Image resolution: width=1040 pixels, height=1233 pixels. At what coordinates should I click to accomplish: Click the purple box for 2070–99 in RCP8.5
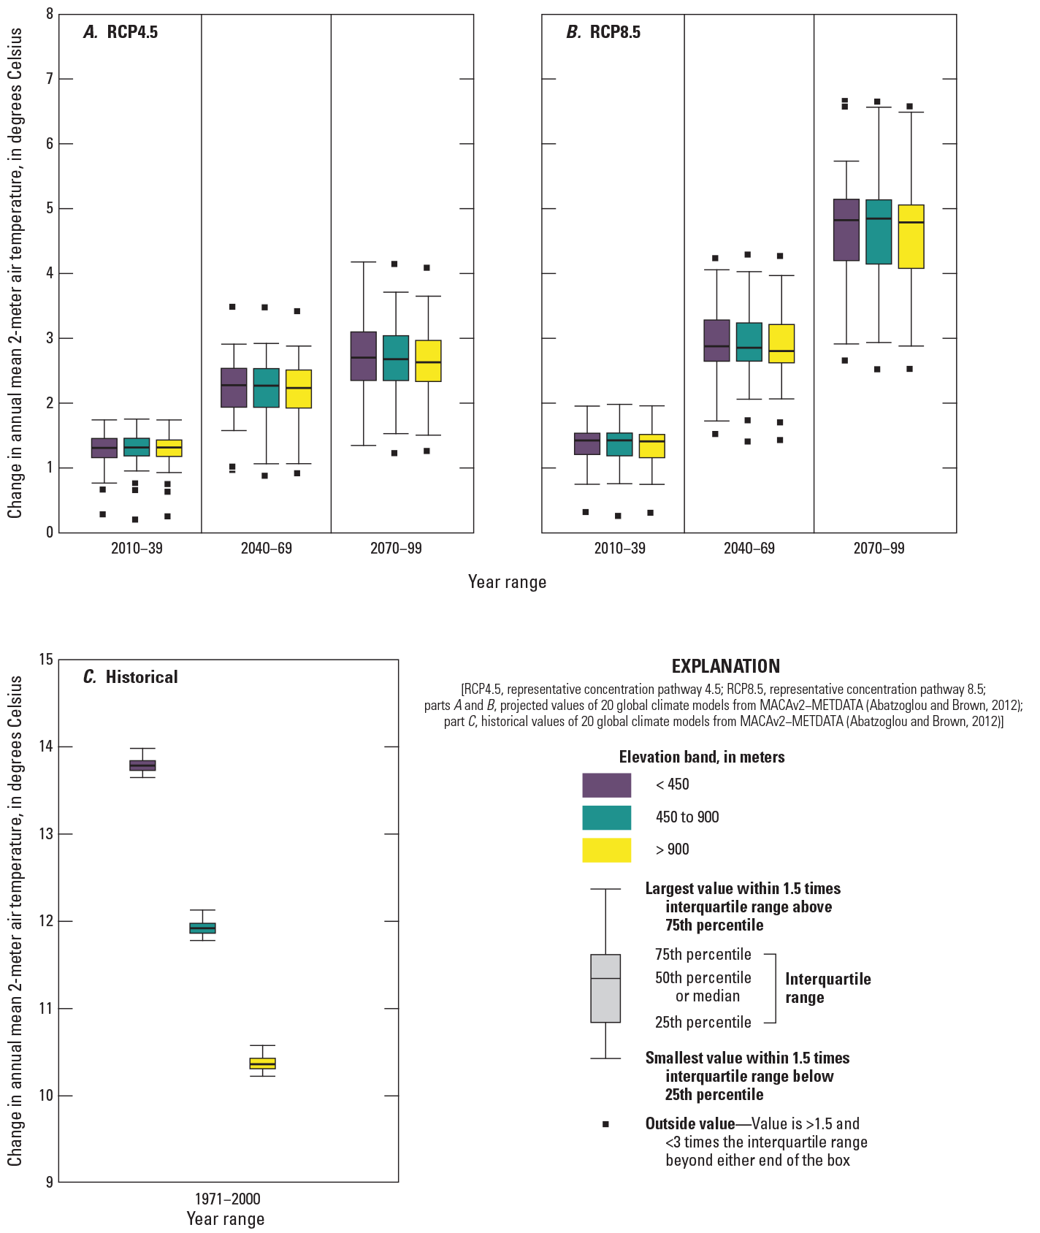pos(846,229)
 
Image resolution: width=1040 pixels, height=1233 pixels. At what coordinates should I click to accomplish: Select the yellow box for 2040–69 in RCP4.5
pos(298,389)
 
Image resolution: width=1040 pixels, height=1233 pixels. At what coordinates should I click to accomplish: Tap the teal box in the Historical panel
pos(202,928)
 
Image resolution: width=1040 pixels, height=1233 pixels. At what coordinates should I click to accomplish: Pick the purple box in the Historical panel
pos(142,765)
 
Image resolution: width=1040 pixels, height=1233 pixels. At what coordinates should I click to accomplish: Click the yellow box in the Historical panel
pos(262,1063)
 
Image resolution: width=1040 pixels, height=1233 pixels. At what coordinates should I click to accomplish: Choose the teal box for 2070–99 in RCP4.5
pos(396,358)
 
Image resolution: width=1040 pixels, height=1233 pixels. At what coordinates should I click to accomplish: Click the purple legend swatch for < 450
pos(606,785)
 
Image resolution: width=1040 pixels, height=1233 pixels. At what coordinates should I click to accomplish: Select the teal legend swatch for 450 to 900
pos(606,817)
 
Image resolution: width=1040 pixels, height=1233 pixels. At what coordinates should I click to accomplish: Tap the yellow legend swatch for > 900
pos(606,850)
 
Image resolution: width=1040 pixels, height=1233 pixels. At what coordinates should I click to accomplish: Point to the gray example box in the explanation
pos(605,988)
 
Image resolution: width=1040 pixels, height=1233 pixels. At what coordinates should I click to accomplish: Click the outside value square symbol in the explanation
pos(605,1124)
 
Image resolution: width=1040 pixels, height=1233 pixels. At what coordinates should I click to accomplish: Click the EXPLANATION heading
pos(725,666)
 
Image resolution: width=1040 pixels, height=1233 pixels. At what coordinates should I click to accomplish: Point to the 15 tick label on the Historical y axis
pos(45,660)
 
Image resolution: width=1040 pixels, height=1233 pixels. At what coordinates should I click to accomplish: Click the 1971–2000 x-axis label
pos(226,1199)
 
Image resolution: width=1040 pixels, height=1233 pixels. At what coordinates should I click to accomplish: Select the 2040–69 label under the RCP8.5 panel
pos(749,548)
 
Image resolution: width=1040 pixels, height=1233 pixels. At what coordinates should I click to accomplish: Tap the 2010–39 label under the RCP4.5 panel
pos(137,548)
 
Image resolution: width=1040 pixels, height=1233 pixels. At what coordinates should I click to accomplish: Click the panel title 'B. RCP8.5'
pos(603,32)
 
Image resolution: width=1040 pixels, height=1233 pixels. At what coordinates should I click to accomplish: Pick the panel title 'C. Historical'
pos(131,677)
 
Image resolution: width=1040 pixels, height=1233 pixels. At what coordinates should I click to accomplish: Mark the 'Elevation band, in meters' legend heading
pos(702,757)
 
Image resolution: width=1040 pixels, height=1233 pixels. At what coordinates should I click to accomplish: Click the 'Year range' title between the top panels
pos(507,582)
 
